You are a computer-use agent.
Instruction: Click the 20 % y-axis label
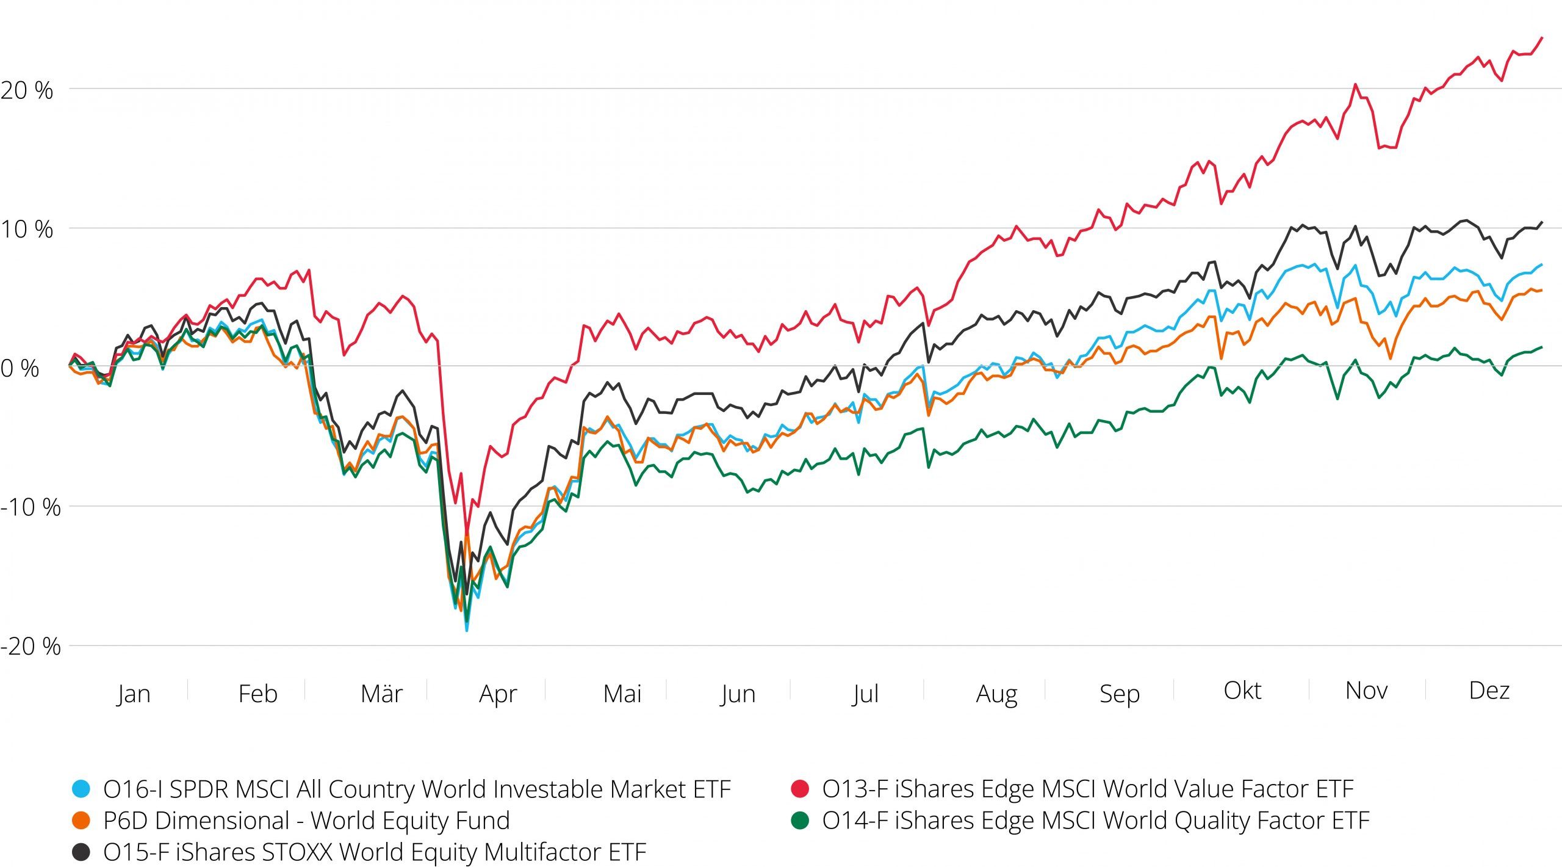click(x=27, y=91)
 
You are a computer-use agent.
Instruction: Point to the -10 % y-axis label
click(x=31, y=507)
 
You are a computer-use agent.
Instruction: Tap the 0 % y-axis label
click(x=20, y=368)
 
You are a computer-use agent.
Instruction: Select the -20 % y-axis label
click(x=31, y=647)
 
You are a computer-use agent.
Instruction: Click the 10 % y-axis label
click(x=27, y=230)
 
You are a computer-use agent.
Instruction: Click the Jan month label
click(x=134, y=694)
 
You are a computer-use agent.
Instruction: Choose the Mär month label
click(x=381, y=694)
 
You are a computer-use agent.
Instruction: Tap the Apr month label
click(x=498, y=694)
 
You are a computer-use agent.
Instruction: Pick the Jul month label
click(x=865, y=694)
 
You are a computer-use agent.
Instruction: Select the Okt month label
click(x=1242, y=691)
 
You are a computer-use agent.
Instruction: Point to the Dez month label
click(x=1489, y=691)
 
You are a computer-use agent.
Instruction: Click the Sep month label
click(x=1119, y=694)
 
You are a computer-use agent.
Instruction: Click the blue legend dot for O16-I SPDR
click(x=81, y=789)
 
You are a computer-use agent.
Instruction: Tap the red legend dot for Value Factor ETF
click(x=799, y=789)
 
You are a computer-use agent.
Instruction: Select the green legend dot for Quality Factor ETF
click(x=799, y=821)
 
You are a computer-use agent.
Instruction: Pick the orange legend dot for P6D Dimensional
click(x=81, y=821)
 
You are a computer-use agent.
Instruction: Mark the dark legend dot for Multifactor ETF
click(x=81, y=852)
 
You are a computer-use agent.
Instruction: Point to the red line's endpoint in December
click(x=1542, y=38)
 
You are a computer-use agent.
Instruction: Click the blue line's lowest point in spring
click(x=467, y=630)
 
